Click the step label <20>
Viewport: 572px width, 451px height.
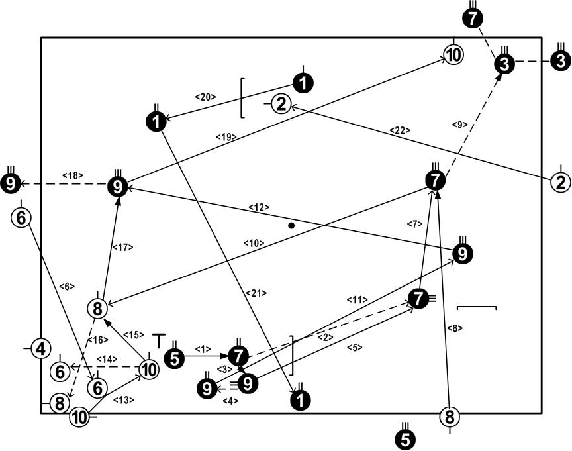tap(205, 97)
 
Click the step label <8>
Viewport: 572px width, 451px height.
tap(452, 327)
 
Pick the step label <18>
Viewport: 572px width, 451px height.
tap(71, 175)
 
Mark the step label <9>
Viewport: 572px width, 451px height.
tap(459, 124)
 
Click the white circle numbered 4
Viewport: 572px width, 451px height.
tap(41, 348)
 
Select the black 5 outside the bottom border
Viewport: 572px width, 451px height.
tap(405, 438)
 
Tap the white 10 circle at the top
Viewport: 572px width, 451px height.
tap(453, 55)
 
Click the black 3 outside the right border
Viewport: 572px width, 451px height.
tap(559, 62)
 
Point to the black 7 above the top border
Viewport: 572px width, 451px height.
tap(471, 19)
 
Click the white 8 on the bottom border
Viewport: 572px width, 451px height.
tap(450, 417)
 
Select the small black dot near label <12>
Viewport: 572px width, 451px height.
tap(291, 226)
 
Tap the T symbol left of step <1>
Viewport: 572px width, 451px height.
tap(158, 340)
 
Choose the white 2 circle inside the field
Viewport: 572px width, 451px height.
tap(281, 104)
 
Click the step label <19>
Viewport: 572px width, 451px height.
tap(226, 137)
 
